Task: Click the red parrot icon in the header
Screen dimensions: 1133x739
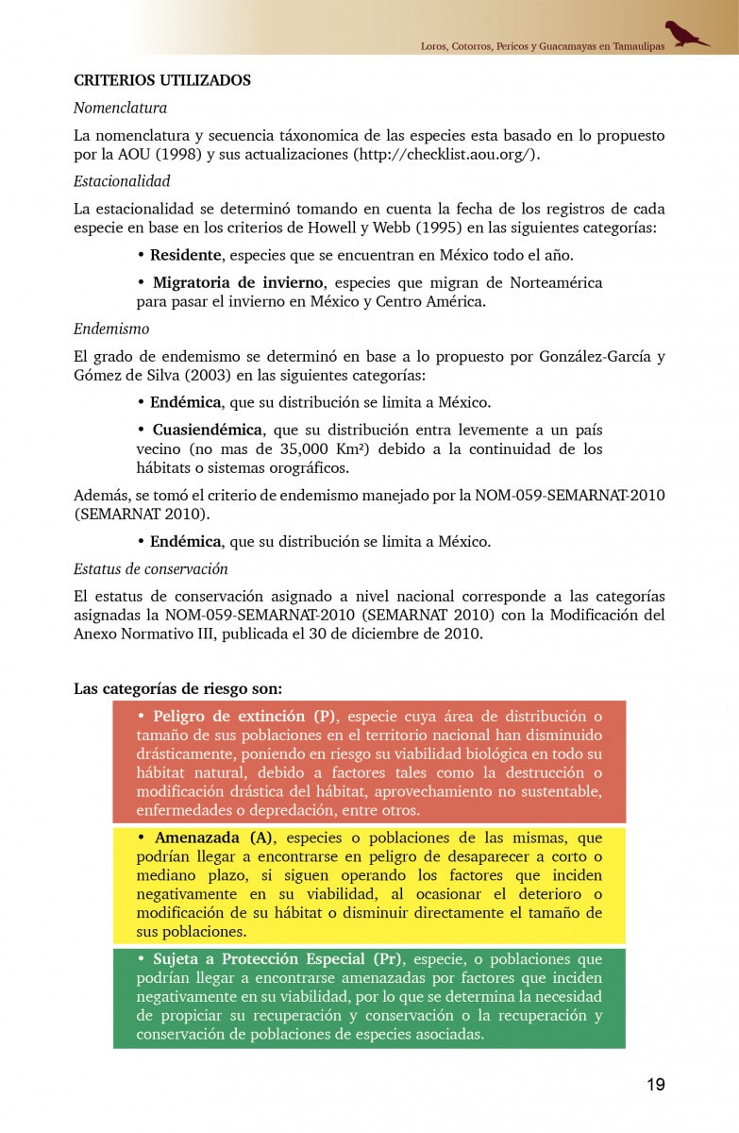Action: [685, 34]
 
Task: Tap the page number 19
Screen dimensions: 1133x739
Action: [655, 1084]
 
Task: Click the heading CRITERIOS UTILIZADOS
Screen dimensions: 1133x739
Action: [162, 80]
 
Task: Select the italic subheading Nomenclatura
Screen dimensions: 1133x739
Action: [120, 108]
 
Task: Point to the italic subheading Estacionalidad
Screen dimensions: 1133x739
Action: [122, 180]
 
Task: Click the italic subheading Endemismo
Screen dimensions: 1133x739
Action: [111, 329]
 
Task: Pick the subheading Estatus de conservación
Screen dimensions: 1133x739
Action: [151, 568]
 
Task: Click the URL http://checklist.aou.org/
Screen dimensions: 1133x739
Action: [445, 154]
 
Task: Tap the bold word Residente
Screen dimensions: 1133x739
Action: [186, 255]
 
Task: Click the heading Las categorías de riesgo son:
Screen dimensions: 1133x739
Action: [177, 687]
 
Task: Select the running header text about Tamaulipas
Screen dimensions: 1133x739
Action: [542, 45]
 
